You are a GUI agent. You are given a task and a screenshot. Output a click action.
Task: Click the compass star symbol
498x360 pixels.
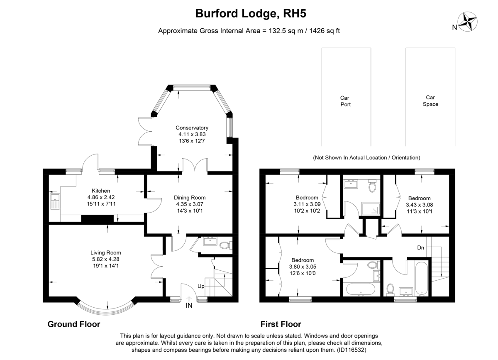467,22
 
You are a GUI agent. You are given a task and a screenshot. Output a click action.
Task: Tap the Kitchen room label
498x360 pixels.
101,191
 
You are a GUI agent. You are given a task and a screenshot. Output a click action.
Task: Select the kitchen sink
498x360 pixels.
55,201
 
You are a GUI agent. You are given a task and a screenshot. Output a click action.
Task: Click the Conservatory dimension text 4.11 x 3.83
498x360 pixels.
192,135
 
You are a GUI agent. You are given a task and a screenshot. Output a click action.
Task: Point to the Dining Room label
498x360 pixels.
190,198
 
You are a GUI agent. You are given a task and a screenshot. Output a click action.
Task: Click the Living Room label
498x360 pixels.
106,252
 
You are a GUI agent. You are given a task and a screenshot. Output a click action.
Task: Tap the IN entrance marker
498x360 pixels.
189,306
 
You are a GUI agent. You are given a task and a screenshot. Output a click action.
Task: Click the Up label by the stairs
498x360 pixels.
201,286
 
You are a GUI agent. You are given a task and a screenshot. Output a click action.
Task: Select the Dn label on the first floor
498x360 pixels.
421,247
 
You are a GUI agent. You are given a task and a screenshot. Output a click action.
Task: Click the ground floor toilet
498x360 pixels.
225,245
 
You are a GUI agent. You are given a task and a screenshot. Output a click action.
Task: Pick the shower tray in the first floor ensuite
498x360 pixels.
371,209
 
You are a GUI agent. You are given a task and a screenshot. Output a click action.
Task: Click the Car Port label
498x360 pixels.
345,101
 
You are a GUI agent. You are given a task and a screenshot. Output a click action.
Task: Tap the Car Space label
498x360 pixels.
430,101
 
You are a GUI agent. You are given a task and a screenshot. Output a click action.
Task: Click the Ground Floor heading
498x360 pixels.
74,324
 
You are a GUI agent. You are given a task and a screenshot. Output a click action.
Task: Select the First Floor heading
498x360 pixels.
281,324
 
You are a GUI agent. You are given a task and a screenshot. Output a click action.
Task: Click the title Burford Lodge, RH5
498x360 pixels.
251,13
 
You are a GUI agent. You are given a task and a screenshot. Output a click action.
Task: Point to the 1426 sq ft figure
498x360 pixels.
325,31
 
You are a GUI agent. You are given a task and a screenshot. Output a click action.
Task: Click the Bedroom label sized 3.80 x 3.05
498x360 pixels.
303,260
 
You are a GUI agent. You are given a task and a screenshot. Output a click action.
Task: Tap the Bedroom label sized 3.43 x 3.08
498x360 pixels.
419,198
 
